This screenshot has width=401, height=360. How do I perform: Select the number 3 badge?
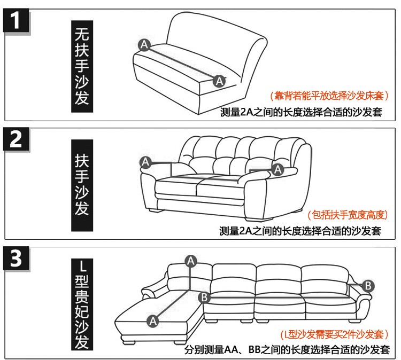[16, 259]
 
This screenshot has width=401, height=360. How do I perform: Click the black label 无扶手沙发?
[82, 66]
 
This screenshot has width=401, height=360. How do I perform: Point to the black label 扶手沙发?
[82, 185]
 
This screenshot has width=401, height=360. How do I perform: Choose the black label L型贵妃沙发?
[82, 304]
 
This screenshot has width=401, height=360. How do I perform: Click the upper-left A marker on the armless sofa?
[144, 45]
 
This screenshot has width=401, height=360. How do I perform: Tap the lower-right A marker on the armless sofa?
[219, 81]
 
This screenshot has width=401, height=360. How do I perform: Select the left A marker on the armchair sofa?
[146, 162]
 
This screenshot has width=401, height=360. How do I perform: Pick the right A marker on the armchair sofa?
[278, 170]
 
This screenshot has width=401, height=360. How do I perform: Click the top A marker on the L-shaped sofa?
[191, 261]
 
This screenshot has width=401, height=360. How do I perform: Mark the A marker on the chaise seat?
[153, 321]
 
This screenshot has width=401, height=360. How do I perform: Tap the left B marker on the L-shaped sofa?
[204, 298]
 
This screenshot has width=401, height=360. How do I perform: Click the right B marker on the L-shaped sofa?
[368, 286]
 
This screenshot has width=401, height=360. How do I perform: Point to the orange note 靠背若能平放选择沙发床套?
[329, 96]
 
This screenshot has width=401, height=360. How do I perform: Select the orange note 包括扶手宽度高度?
[348, 215]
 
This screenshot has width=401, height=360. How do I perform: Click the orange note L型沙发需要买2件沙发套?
[335, 334]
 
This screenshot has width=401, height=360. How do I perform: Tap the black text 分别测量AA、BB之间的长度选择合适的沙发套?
[287, 349]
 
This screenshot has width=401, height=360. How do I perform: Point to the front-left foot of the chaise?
[129, 342]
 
